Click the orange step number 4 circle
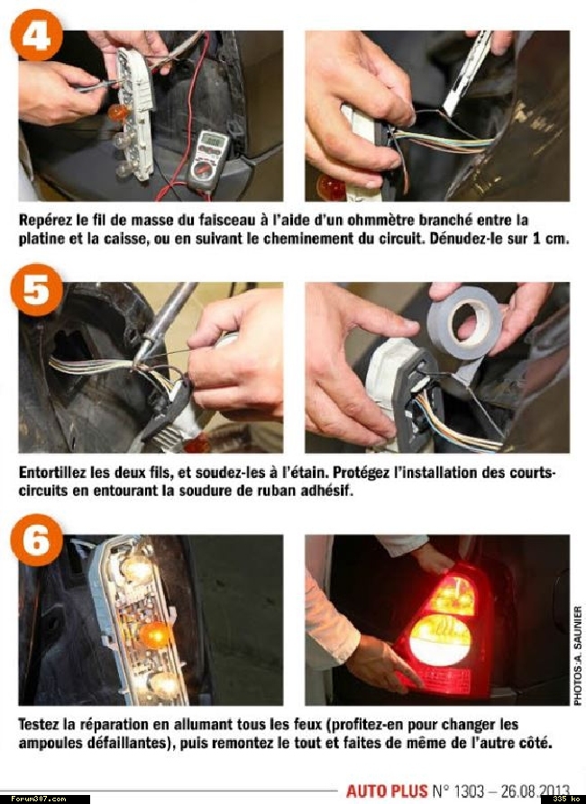(x=36, y=35)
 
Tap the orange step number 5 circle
(x=36, y=290)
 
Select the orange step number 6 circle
(x=36, y=540)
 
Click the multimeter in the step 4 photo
(x=208, y=159)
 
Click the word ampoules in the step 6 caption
(x=46, y=744)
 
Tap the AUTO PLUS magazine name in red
(x=387, y=790)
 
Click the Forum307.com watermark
(x=39, y=799)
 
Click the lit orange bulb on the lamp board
(x=154, y=635)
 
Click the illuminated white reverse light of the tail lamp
(x=440, y=641)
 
